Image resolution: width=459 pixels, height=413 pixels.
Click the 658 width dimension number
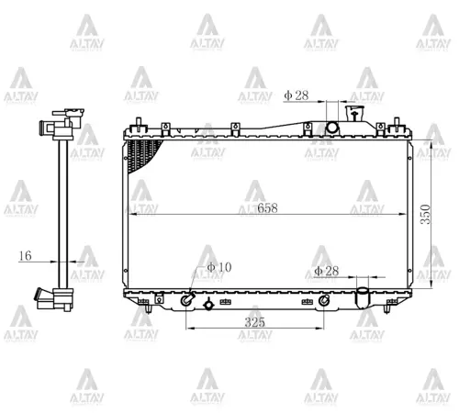coord(267,207)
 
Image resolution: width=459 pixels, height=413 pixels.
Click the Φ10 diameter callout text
coord(218,267)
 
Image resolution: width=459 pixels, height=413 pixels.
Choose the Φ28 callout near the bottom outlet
coord(327,271)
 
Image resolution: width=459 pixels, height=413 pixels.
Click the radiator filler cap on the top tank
coord(354,117)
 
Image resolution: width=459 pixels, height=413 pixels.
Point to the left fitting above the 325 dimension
coord(187,299)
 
